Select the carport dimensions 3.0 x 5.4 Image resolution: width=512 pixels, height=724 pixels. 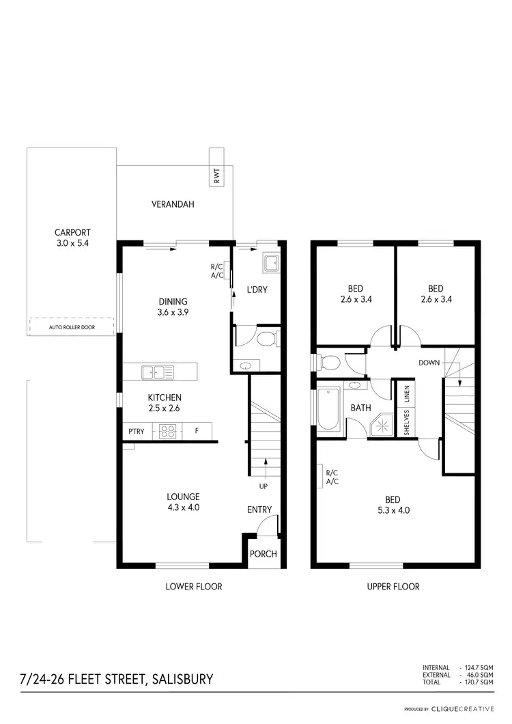click(72, 243)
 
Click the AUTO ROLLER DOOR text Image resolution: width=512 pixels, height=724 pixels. click(72, 327)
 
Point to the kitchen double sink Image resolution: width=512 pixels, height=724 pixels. click(158, 372)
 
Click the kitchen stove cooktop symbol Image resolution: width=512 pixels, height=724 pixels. click(168, 431)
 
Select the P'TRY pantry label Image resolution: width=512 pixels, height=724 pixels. click(135, 431)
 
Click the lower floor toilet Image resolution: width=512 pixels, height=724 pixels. click(266, 338)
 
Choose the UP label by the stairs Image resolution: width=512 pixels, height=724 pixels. click(264, 486)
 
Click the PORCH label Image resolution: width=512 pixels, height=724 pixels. click(263, 553)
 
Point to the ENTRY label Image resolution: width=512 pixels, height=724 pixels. click(259, 510)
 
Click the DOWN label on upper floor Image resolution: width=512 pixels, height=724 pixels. click(430, 363)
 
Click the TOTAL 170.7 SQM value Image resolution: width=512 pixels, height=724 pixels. click(477, 682)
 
